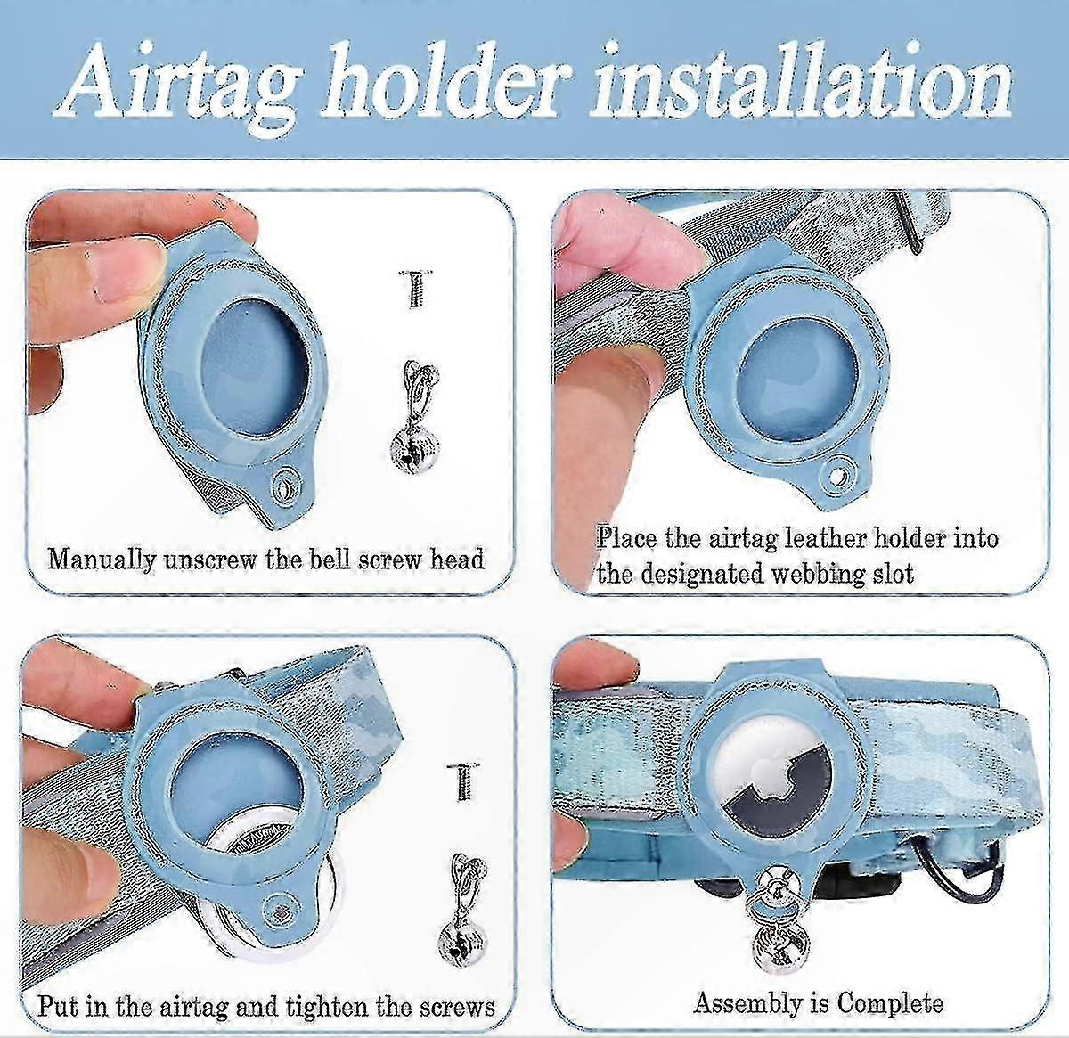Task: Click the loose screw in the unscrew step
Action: (416, 289)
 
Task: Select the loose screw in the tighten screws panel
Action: (464, 781)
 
